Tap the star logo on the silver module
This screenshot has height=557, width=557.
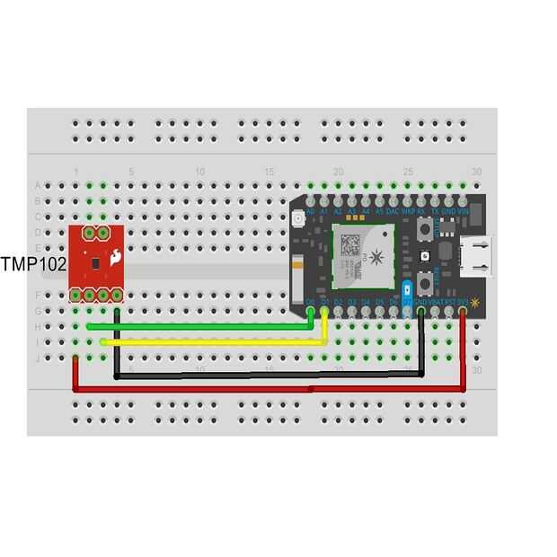point(376,259)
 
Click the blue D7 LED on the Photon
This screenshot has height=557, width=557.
point(407,291)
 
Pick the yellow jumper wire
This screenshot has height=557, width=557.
point(216,342)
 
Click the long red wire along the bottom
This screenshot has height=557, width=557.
point(270,389)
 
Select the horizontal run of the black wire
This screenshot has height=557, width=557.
point(270,375)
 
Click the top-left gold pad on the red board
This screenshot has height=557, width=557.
point(90,232)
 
